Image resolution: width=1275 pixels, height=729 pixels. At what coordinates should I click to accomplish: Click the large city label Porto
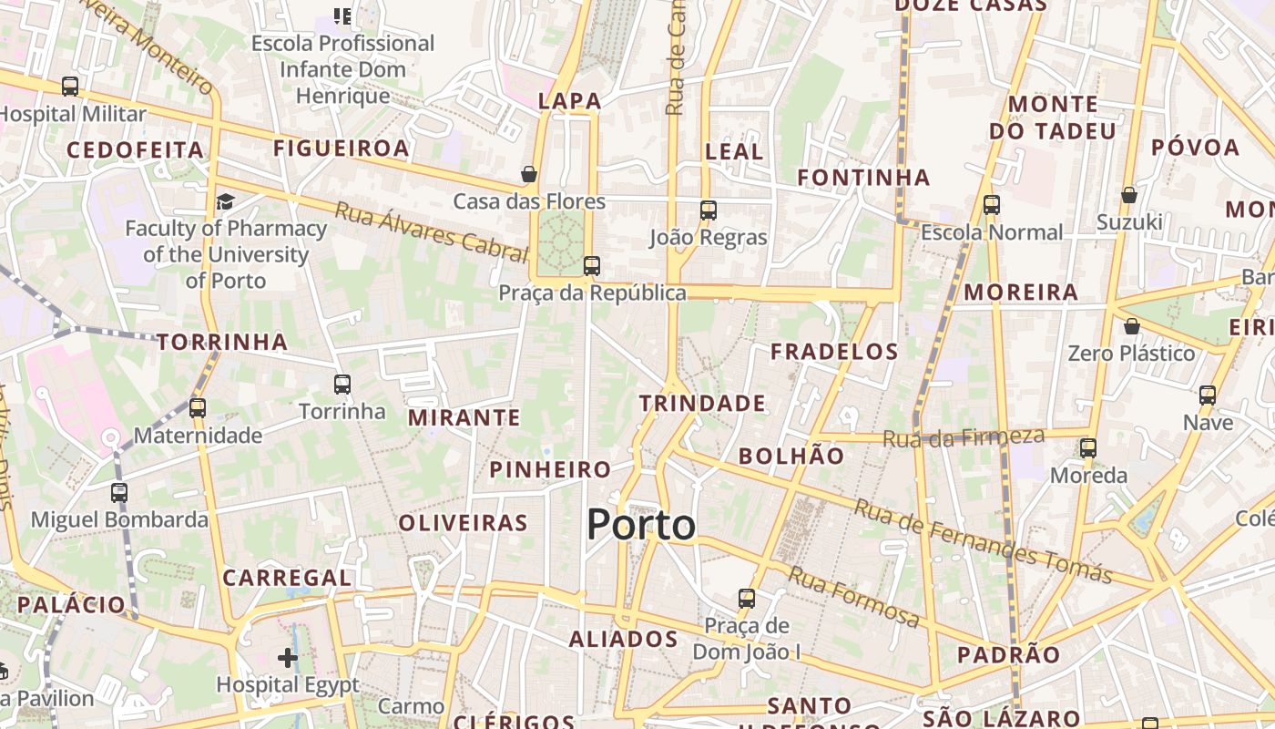[x=641, y=526]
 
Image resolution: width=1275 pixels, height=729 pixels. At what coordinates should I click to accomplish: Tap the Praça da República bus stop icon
[x=592, y=266]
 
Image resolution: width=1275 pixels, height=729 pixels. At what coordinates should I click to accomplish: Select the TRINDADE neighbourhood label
[x=702, y=403]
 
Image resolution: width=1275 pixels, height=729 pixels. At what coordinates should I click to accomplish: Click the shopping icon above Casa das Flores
[x=529, y=173]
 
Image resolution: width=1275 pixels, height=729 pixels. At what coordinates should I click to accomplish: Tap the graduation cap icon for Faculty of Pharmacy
[x=225, y=201]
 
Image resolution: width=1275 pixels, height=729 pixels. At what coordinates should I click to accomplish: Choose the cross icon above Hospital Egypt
[x=288, y=657]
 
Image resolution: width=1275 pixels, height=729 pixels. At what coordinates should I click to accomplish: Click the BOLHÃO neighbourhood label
[x=791, y=456]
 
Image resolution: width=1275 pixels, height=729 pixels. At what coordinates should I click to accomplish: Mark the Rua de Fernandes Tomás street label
[x=983, y=542]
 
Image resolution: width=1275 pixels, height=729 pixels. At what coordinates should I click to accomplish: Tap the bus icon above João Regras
[x=709, y=210]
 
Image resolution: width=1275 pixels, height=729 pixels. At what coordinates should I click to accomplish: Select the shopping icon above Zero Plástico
[x=1131, y=325]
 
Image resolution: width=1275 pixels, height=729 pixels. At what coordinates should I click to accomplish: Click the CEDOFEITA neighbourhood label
[x=135, y=149]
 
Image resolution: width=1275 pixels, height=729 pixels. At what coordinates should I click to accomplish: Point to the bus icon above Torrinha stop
[x=342, y=385]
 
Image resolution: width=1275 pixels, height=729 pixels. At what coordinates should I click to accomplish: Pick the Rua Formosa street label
[x=853, y=597]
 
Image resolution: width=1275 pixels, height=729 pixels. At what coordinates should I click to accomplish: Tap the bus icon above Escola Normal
[x=992, y=205]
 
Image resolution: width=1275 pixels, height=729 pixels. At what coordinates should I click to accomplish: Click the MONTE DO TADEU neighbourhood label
[x=1053, y=118]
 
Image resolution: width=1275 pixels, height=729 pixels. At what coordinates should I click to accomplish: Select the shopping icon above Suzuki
[x=1129, y=195]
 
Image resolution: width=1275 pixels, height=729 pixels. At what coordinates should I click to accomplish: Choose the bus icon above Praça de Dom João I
[x=747, y=599]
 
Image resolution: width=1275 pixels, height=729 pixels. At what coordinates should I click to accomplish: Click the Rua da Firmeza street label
[x=964, y=437]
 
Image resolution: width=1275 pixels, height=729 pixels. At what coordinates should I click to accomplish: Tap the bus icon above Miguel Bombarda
[x=119, y=493]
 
